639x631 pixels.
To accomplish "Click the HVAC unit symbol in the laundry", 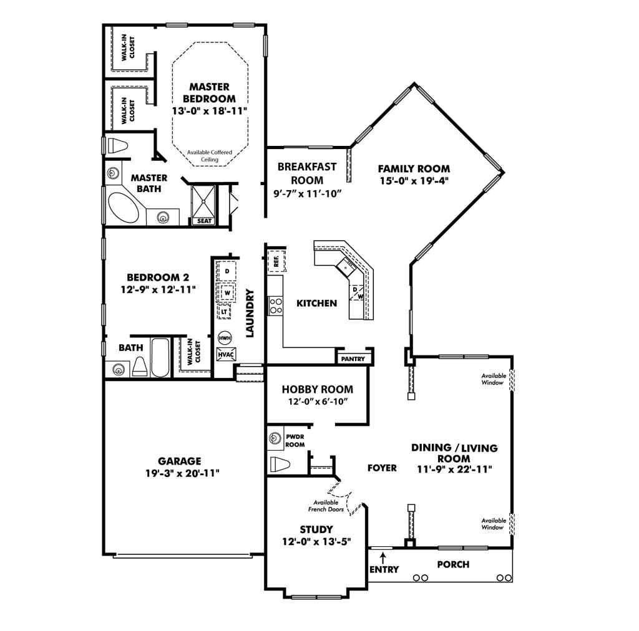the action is tap(226, 354).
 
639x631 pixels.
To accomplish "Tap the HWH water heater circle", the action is tap(225, 338).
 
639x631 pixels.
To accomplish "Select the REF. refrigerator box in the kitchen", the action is tap(276, 261).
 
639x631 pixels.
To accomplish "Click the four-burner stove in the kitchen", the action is tap(276, 306).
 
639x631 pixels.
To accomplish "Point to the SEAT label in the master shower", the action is tap(204, 221).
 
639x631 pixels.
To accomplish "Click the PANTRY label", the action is tap(353, 359).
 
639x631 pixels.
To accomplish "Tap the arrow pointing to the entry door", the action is tap(383, 557).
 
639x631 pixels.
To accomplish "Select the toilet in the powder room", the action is tap(280, 464).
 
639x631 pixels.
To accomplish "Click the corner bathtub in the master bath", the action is tap(123, 208).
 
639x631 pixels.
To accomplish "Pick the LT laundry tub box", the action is tap(224, 312).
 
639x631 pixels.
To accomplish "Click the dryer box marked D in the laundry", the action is tap(227, 271).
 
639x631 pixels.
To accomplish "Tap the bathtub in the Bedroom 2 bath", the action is tap(160, 357).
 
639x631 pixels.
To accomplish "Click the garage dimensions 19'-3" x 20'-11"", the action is tap(183, 473).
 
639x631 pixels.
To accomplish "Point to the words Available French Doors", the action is tap(326, 506).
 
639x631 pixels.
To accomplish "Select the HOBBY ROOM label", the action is tap(318, 389).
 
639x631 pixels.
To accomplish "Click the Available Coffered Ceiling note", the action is tap(210, 156).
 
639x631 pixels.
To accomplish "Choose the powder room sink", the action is tap(275, 438).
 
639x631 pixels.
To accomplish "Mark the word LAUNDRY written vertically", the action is tap(250, 313).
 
